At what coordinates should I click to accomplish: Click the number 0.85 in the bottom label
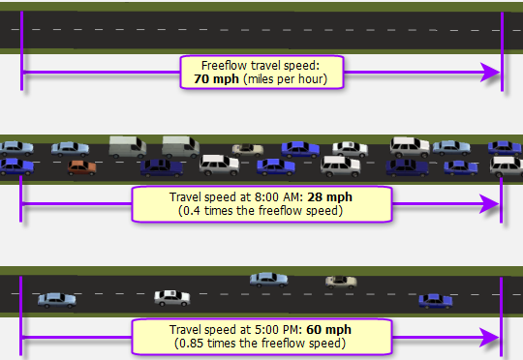tap(193, 343)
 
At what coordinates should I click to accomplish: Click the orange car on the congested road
tap(82, 166)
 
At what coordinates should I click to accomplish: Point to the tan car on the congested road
tap(248, 149)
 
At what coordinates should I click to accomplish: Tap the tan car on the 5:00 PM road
tap(341, 282)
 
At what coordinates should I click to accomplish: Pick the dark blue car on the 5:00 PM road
tap(435, 300)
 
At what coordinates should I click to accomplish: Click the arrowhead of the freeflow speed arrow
tap(493, 72)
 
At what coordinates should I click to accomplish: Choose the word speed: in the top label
tap(311, 65)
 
